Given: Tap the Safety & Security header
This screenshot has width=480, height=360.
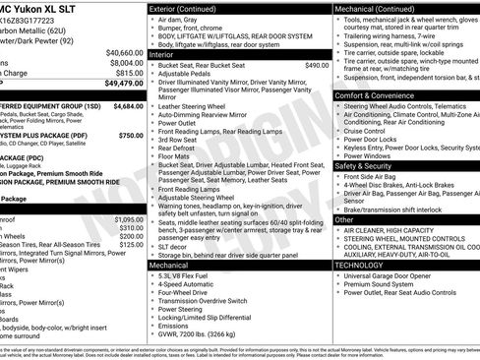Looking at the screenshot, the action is (368, 166).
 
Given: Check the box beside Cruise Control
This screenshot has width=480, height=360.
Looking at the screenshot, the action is (338, 130).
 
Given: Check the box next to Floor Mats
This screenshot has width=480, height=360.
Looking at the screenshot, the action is (151, 155).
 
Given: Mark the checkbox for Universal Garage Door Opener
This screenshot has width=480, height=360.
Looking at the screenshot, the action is (338, 276).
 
